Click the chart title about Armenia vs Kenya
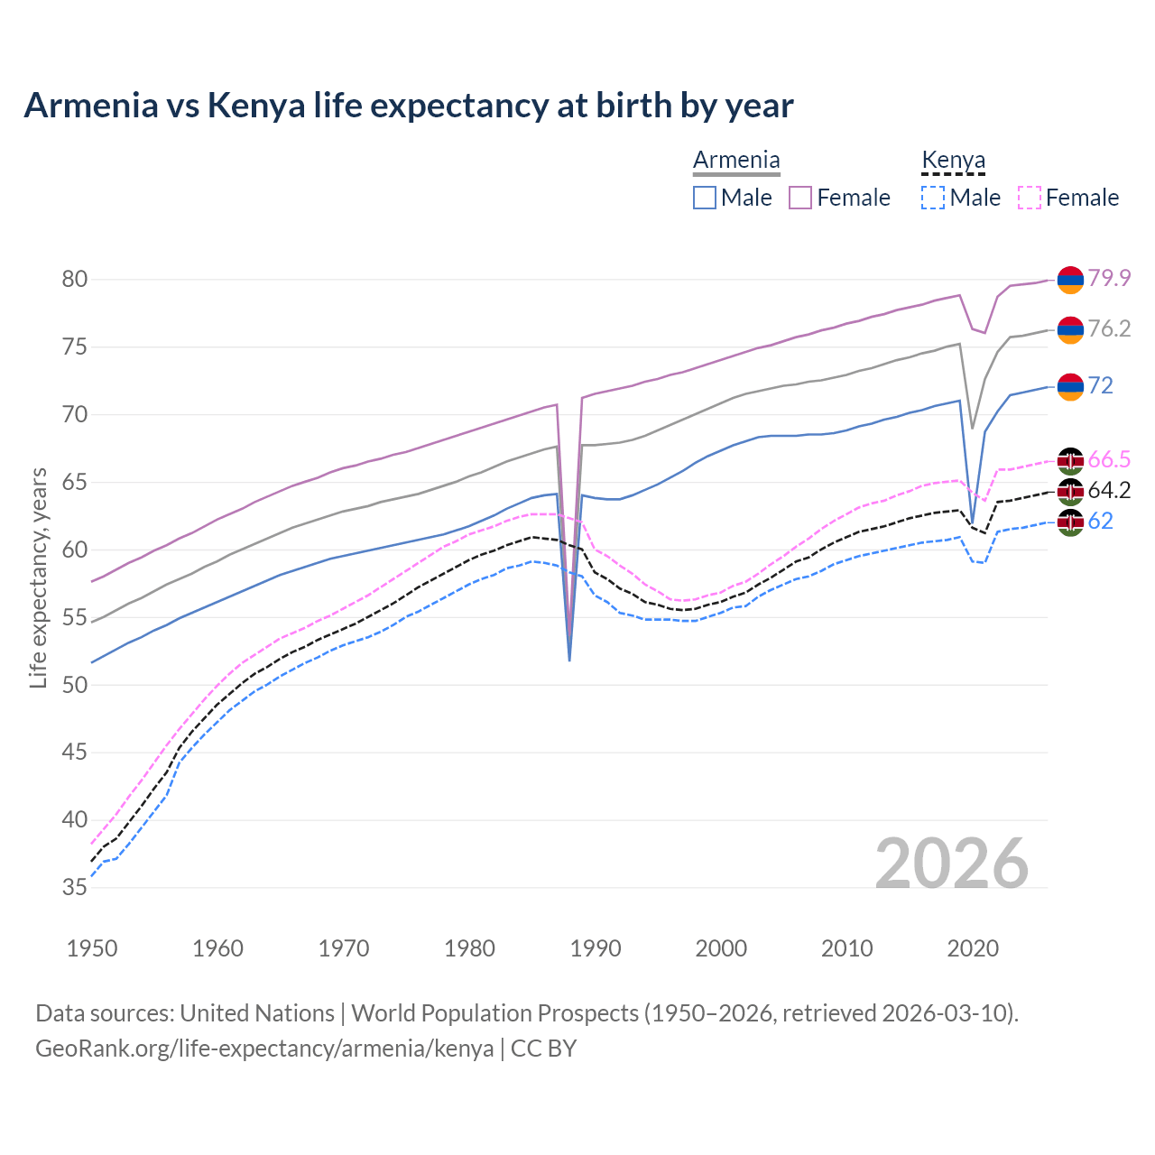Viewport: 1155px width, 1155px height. coord(408,106)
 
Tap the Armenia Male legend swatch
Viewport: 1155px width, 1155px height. coord(705,198)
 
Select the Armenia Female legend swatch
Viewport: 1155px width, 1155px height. coord(800,198)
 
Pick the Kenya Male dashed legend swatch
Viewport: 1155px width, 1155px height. coord(933,198)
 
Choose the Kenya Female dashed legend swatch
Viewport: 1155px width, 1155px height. coord(1030,198)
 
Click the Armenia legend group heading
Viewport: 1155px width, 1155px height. coord(736,161)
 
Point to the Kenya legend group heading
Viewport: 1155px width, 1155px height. coord(953,161)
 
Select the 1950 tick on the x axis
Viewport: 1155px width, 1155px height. coord(92,948)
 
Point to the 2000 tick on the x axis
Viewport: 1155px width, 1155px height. coord(721,948)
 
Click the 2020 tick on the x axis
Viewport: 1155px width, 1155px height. coord(973,948)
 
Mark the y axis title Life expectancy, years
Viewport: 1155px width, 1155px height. coord(38,577)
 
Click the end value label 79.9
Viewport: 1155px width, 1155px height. coord(1109,279)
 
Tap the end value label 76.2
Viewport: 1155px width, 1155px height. coord(1109,329)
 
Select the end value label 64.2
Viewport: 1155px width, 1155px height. coord(1109,491)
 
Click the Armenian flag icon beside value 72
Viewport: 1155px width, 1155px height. coord(1070,386)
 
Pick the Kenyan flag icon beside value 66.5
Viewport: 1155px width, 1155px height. coord(1070,460)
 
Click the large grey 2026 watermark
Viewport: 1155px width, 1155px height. coord(952,864)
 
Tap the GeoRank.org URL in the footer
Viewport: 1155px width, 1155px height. coord(264,1049)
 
